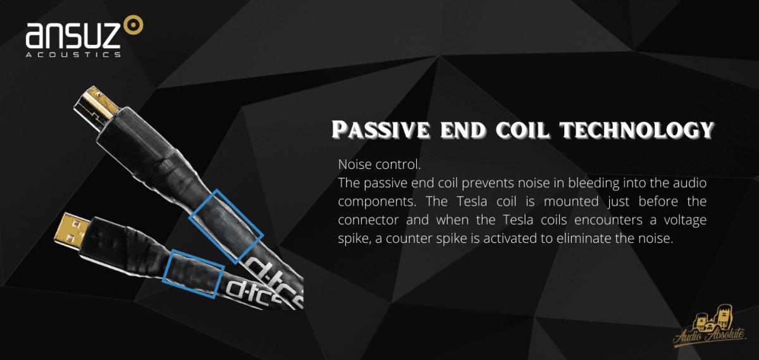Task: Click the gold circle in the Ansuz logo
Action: click(x=133, y=25)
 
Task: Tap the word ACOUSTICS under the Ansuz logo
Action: click(x=73, y=54)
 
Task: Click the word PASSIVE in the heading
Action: click(x=381, y=130)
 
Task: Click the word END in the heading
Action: click(x=463, y=130)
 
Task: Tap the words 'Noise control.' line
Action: click(x=379, y=164)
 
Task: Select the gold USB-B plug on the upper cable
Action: click(x=96, y=106)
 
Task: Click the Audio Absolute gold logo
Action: click(x=710, y=328)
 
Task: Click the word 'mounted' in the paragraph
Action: click(x=571, y=201)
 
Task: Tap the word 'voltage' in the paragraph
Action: click(x=685, y=220)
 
